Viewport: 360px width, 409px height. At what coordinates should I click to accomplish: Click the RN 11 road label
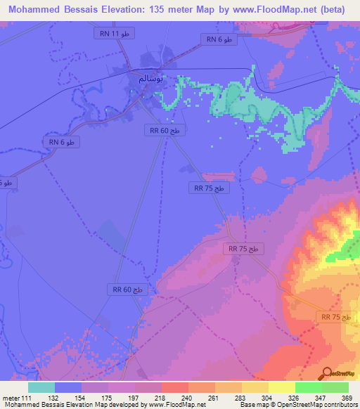(113, 34)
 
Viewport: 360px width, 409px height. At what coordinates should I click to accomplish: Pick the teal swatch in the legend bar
(41, 387)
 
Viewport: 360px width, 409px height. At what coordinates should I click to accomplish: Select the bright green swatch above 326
(308, 387)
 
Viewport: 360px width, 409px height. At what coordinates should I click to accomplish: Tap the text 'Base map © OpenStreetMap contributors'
(297, 405)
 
